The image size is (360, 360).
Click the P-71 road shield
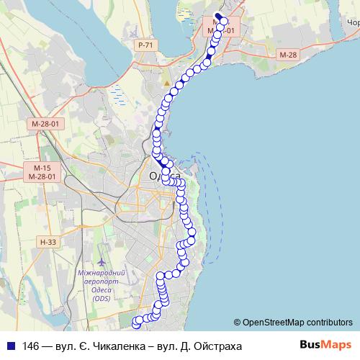pos(145,45)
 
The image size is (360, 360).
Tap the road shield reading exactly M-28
pos(287,55)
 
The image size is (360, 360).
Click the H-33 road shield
pos(48,242)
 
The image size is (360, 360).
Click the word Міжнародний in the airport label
pos(101,274)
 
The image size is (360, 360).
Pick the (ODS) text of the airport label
pos(102,299)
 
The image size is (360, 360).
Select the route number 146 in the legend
pos(31,346)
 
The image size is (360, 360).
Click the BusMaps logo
pos(326,344)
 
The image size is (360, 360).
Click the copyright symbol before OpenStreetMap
pos(238,322)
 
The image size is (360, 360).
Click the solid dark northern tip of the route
pos(218,15)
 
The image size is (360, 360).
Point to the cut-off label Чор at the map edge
pos(353,23)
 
